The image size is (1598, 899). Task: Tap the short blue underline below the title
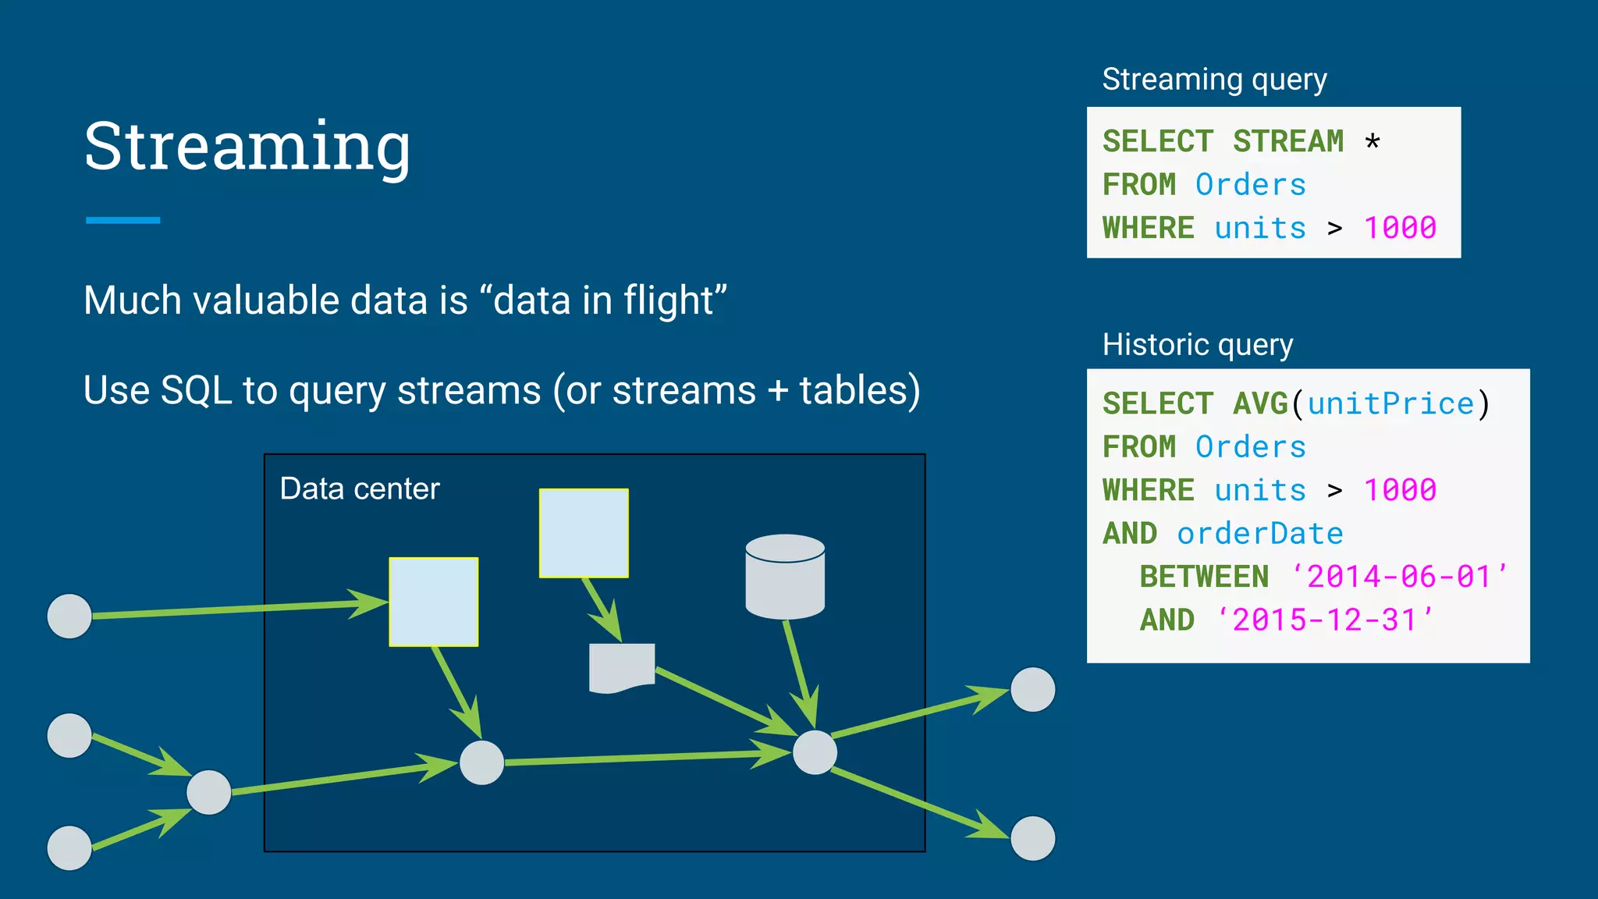tap(123, 221)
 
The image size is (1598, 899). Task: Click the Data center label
tap(360, 489)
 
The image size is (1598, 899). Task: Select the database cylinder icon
tap(785, 577)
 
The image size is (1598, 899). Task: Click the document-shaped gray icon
tap(621, 667)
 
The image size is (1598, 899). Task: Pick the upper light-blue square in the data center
tap(584, 533)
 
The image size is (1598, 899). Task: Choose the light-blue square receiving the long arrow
tap(434, 602)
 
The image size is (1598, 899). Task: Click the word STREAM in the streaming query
tap(1288, 142)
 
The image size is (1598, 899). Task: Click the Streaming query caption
tap(1214, 80)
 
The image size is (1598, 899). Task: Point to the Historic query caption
tap(1198, 344)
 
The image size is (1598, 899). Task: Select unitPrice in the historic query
tap(1390, 404)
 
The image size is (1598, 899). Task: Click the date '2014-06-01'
tap(1399, 577)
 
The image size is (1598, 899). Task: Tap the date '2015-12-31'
tap(1324, 620)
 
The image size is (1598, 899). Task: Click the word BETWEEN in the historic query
tap(1204, 577)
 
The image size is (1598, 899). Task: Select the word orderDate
tap(1260, 534)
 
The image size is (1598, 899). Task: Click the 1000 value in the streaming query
tap(1400, 228)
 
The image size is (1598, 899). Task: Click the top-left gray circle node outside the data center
tap(69, 616)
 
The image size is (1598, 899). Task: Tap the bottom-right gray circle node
tap(1032, 838)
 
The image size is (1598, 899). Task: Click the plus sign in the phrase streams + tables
tap(777, 390)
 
